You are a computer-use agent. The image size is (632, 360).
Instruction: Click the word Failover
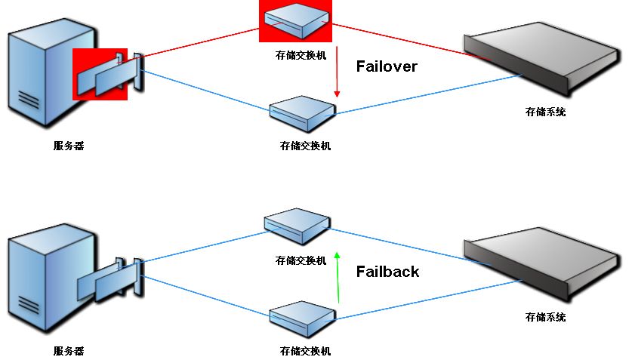point(386,66)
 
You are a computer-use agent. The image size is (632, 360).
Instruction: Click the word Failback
point(387,272)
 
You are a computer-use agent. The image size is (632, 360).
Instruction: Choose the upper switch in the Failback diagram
point(297,225)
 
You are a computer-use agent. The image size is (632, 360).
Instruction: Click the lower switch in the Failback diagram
point(302,319)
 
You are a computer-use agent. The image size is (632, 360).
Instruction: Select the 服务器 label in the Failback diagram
point(68,351)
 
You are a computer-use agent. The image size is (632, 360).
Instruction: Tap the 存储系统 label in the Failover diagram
point(545,112)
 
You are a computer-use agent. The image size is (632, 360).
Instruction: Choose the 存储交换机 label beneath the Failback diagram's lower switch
point(305,351)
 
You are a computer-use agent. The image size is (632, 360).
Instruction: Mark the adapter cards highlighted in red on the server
point(106,73)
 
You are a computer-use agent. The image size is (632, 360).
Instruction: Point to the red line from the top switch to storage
point(400,38)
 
